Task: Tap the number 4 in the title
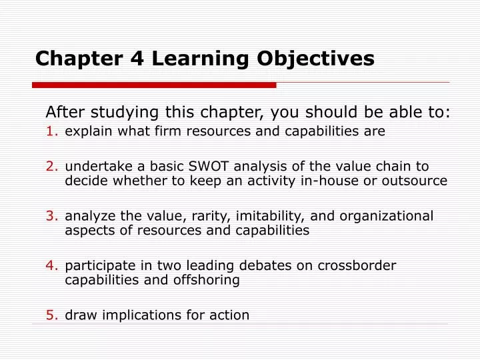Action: click(x=137, y=59)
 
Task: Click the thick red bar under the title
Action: click(x=153, y=85)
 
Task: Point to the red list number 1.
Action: click(x=52, y=131)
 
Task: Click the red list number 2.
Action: click(x=52, y=166)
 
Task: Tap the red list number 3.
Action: click(x=52, y=216)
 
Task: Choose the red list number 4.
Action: click(x=52, y=265)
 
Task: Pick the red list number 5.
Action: click(x=52, y=315)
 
